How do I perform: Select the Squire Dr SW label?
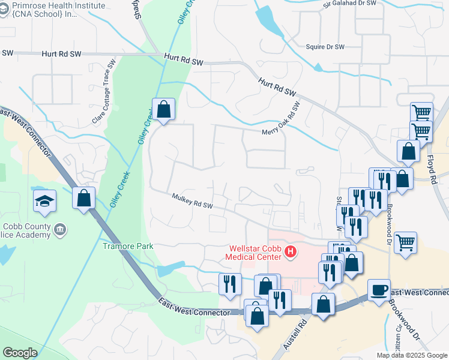(325, 47)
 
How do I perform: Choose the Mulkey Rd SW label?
(192, 201)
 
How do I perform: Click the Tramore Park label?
(128, 246)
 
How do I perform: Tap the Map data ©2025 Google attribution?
(411, 355)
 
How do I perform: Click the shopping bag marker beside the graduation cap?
(84, 197)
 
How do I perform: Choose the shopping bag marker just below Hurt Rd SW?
(163, 109)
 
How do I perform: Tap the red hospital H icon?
(291, 251)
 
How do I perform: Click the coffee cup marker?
(379, 290)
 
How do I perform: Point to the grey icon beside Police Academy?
(60, 229)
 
